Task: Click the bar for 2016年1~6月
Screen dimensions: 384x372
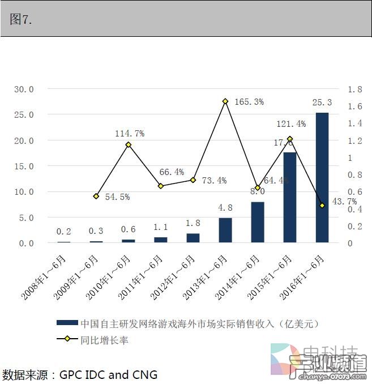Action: (x=322, y=177)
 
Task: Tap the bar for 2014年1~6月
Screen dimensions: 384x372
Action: (x=258, y=222)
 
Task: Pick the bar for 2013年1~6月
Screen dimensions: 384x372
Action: (x=225, y=230)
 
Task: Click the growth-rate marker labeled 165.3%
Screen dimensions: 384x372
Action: (x=225, y=101)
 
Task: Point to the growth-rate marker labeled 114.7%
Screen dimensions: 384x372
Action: (x=129, y=144)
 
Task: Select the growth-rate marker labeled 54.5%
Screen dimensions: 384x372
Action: (x=96, y=196)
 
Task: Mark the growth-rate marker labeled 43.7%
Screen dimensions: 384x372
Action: (x=322, y=206)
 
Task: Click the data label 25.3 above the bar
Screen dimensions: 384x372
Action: (x=322, y=103)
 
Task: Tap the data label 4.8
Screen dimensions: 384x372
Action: (x=225, y=208)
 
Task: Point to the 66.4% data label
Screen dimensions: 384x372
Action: (x=172, y=172)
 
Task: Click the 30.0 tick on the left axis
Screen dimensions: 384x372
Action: (x=24, y=89)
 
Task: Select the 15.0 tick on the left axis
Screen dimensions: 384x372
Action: (x=24, y=166)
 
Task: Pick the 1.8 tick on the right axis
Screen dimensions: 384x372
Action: (x=354, y=89)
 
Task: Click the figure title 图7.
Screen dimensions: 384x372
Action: (x=20, y=19)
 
